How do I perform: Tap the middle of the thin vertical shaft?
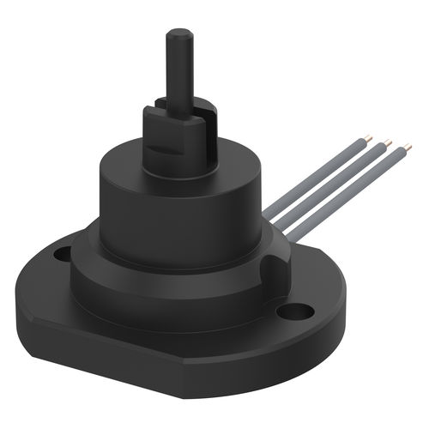click(x=179, y=73)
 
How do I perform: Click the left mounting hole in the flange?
click(x=63, y=254)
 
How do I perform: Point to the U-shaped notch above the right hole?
click(x=276, y=262)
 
